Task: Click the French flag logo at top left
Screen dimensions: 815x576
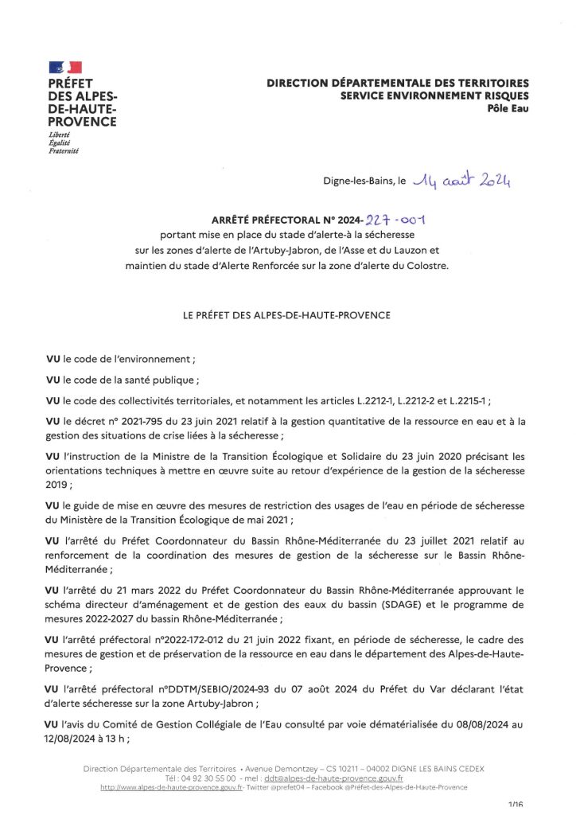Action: [65, 67]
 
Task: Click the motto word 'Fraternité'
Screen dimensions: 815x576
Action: [64, 150]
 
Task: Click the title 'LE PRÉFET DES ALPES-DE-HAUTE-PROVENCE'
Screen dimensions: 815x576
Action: [287, 315]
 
